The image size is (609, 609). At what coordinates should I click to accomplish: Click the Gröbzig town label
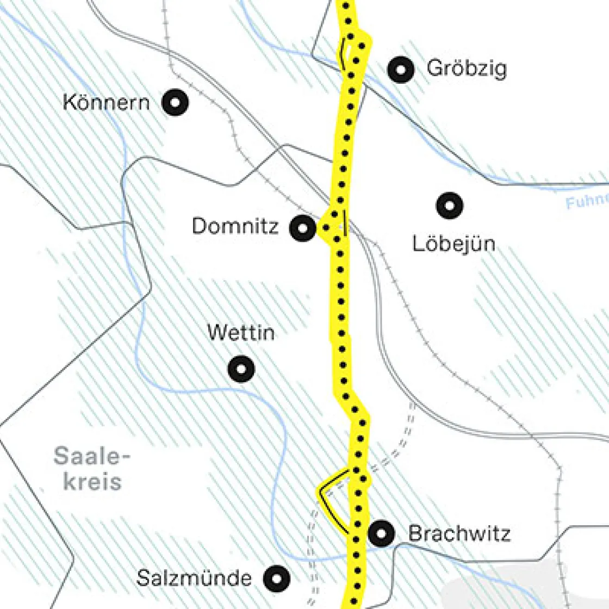click(x=466, y=69)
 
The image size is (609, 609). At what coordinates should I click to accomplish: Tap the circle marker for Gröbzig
click(x=401, y=69)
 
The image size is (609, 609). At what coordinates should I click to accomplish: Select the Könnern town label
click(x=106, y=102)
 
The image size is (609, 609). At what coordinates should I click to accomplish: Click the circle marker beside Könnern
click(x=176, y=102)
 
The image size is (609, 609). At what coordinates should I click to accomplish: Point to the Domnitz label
click(x=235, y=226)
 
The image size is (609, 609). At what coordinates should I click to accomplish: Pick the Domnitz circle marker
click(x=303, y=227)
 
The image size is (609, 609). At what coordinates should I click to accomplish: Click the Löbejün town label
click(x=453, y=243)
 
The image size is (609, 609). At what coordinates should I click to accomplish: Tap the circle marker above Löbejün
click(x=450, y=206)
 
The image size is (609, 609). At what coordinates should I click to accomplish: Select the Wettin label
click(x=241, y=332)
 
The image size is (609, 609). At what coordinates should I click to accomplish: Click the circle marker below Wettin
click(x=241, y=369)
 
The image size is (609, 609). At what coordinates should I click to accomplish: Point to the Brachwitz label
click(x=459, y=533)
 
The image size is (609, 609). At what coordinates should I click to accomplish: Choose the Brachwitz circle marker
click(x=381, y=533)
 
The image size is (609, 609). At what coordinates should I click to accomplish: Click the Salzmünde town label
click(x=194, y=578)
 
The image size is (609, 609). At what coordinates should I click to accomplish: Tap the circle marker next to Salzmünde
click(x=276, y=578)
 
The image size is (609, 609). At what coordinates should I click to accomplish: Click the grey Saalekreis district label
click(x=92, y=469)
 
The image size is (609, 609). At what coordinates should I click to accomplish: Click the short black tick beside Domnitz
click(x=345, y=223)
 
